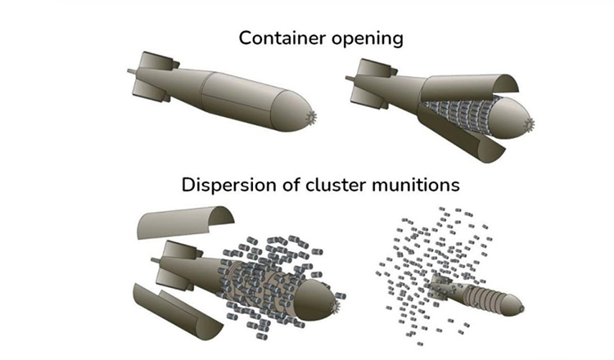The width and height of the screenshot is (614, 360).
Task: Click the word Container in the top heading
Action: click(277, 38)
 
